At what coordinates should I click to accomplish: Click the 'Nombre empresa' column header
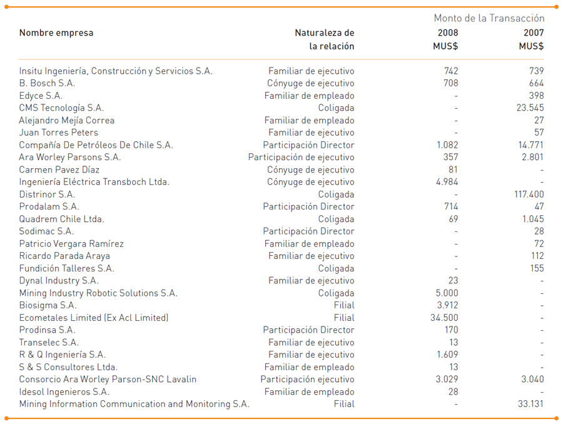coord(56,33)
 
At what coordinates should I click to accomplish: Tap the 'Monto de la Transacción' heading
coord(489,18)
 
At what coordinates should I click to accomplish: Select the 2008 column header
coord(448,33)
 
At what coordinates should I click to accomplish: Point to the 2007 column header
coord(534,33)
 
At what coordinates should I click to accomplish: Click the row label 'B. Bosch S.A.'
coord(47,83)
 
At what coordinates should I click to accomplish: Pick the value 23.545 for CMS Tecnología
coord(530,108)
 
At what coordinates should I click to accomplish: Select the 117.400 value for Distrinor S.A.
coord(529,194)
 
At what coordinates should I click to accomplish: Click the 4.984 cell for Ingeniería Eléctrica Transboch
coord(447,182)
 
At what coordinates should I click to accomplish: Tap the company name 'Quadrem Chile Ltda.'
coord(61,219)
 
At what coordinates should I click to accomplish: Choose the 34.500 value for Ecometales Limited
coord(444,318)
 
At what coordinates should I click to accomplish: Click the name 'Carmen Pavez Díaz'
coord(59,170)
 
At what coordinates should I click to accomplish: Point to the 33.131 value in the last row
coord(530,404)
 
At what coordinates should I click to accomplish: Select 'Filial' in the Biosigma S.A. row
coord(344,305)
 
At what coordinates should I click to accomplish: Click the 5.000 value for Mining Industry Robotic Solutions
coord(447,293)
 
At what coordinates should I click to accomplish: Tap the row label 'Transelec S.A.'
coord(49,343)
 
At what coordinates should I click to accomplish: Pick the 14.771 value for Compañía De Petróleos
coord(530,145)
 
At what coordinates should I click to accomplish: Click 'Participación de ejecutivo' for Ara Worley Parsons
coord(302,157)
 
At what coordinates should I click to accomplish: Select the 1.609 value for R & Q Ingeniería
coord(447,355)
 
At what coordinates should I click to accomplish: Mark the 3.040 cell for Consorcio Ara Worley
coord(532,379)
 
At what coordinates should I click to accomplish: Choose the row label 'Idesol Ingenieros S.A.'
coord(64,391)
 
